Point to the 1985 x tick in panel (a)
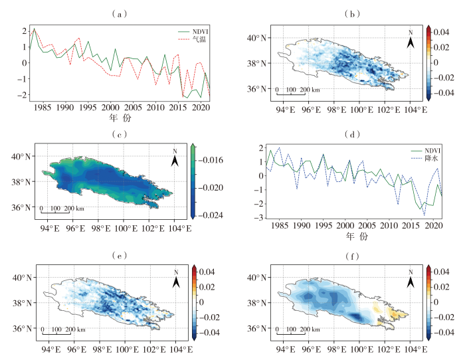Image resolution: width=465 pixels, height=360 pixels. tap(42, 107)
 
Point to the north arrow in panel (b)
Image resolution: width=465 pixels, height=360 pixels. tap(412, 40)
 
